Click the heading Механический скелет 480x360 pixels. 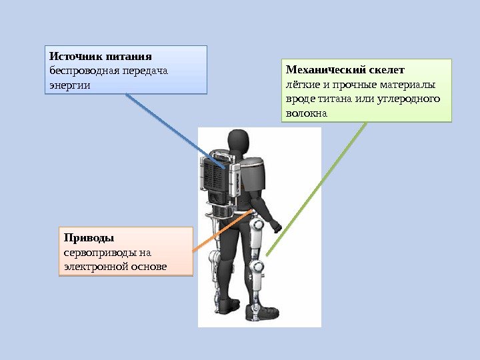click(x=345, y=69)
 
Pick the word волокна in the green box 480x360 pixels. click(x=306, y=113)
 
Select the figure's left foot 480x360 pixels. click(x=229, y=305)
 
